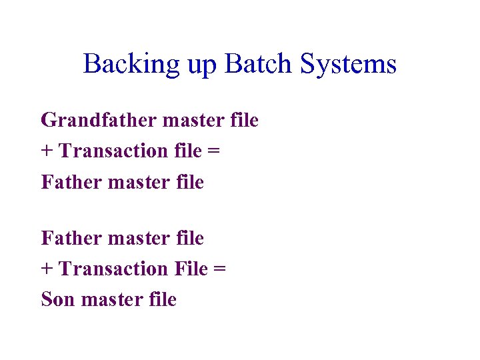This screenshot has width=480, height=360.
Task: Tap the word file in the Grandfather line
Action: [x=244, y=121]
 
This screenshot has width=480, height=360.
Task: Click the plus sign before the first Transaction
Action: [x=47, y=151]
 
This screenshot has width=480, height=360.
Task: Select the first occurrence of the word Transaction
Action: [x=114, y=151]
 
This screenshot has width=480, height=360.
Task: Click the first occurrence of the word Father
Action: [x=65, y=181]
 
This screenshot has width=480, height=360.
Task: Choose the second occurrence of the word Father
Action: [x=65, y=238]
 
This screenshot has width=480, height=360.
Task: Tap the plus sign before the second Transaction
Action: [x=47, y=269]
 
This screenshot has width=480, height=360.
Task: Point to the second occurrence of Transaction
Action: [x=114, y=269]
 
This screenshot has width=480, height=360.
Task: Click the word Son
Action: [x=58, y=299]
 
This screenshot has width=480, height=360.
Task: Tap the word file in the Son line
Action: [x=163, y=299]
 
